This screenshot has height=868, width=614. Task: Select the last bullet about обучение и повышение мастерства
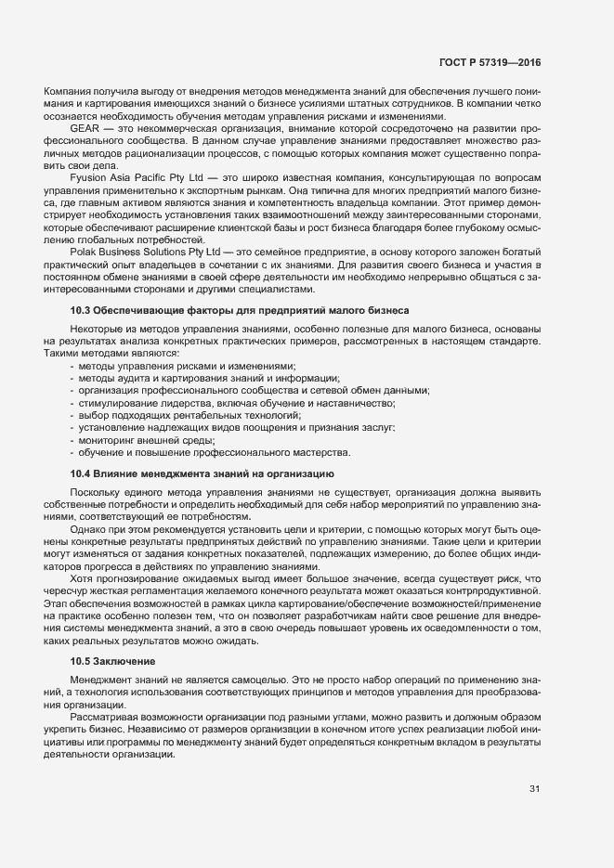[213, 452]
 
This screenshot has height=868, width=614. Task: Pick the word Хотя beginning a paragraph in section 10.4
[82, 577]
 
